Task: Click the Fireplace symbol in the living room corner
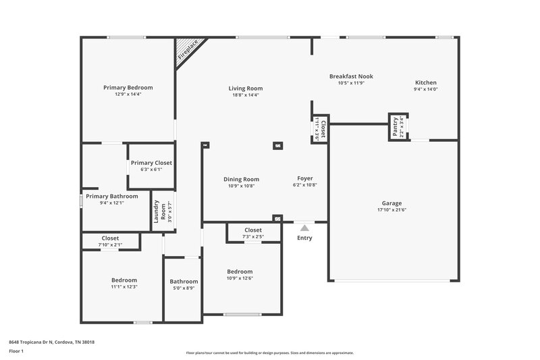[x=187, y=51]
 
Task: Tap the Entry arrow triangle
[x=304, y=228]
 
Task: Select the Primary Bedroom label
[x=128, y=87]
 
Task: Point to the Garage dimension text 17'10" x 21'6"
[x=391, y=210]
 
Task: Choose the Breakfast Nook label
[x=350, y=76]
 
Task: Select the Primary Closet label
[x=151, y=163]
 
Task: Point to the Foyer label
[x=305, y=179]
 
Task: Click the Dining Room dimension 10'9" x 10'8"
[x=242, y=186]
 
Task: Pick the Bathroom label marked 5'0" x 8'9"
[x=184, y=282]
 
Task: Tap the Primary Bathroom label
[x=109, y=196]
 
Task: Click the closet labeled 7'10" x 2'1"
[x=110, y=245]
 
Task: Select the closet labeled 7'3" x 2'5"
[x=253, y=236]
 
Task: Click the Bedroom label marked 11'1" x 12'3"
[x=124, y=280]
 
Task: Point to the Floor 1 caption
[x=16, y=352]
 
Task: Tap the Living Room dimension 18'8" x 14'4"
[x=245, y=95]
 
